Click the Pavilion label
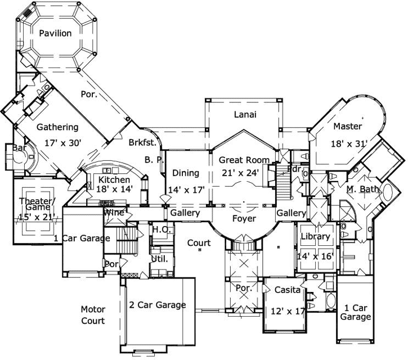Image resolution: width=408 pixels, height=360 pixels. pos(55,33)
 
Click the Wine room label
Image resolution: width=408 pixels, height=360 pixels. pos(113,213)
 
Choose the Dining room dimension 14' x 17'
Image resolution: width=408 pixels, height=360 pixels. pos(186,190)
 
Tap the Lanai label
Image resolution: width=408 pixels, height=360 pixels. pos(245,115)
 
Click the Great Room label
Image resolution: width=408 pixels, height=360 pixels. pos(244,160)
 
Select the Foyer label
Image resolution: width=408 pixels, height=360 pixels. pos(244,218)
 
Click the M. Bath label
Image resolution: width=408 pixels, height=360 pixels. pos(362,189)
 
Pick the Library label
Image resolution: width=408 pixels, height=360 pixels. pos(315,236)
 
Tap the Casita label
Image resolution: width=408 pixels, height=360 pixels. pos(286,290)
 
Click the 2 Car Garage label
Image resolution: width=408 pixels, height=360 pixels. pos(156,305)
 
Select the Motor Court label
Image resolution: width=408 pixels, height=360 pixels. pos(93,315)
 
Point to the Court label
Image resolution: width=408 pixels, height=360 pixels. pos(199,243)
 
